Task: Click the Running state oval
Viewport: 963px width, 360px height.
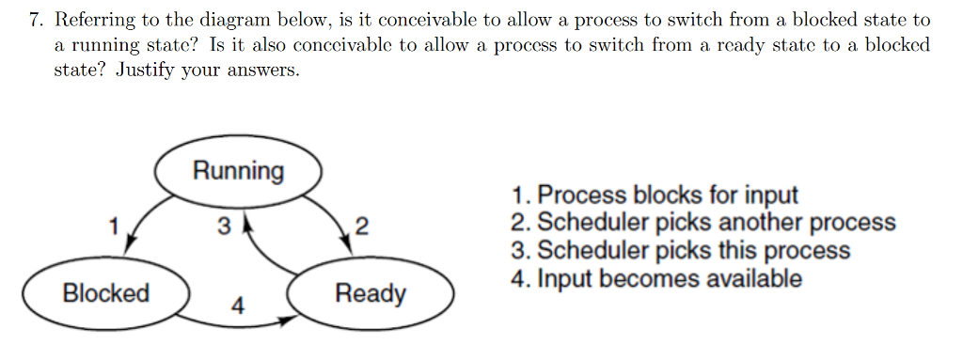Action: tap(238, 171)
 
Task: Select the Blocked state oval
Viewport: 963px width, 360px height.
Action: tap(106, 293)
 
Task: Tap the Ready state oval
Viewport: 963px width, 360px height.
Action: tap(371, 294)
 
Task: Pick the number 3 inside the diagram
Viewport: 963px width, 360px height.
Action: tap(223, 227)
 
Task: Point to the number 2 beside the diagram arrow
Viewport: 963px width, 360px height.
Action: tap(363, 227)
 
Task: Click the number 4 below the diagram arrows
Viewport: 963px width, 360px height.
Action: tap(238, 306)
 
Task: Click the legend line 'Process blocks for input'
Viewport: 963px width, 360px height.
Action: tap(655, 196)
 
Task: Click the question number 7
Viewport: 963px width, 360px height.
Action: tap(36, 20)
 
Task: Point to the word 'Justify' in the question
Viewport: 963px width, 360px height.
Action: tap(147, 71)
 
